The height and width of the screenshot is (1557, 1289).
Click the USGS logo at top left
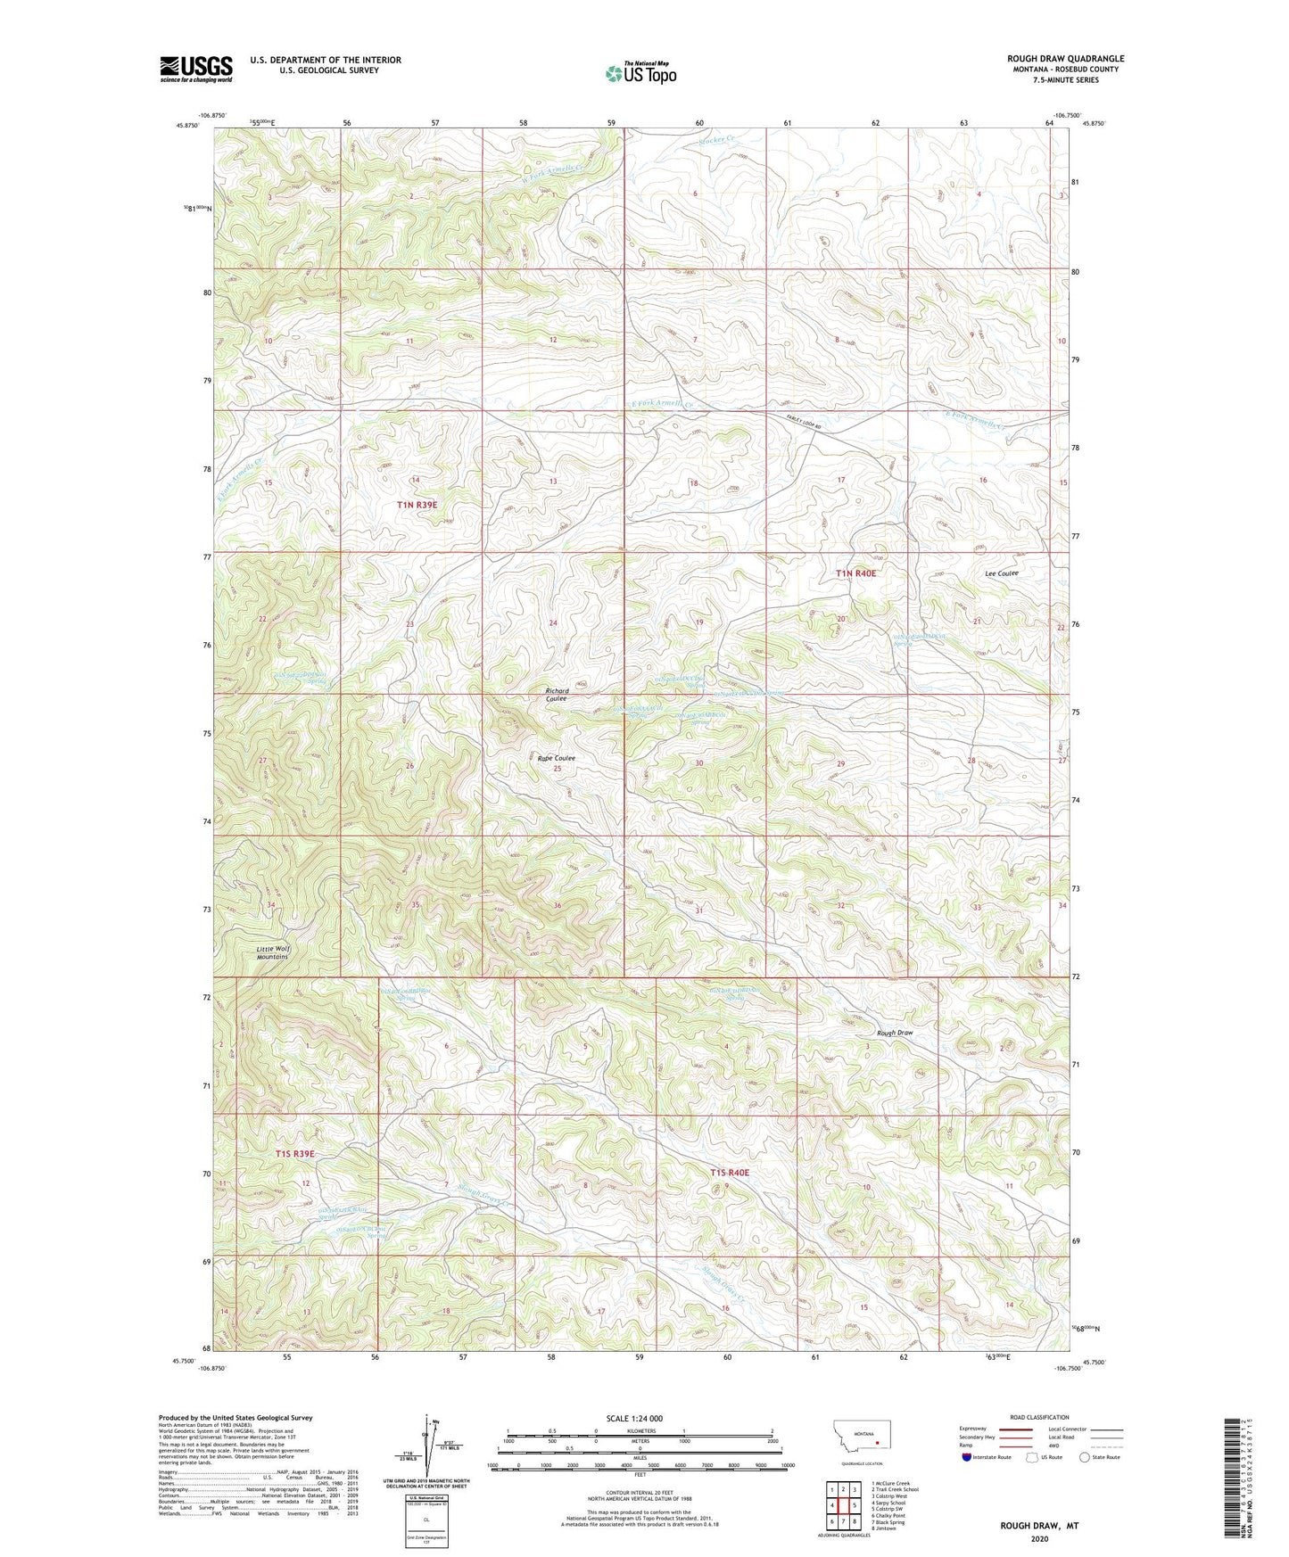click(196, 69)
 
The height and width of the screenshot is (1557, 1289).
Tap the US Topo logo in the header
click(640, 73)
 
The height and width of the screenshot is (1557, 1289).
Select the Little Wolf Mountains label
click(274, 952)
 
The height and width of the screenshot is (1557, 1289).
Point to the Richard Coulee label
click(557, 695)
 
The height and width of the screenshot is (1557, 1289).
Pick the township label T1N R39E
click(417, 505)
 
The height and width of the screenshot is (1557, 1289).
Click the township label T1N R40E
click(855, 573)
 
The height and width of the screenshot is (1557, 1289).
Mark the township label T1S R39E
click(293, 1154)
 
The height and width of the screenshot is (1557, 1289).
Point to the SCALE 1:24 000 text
click(634, 1418)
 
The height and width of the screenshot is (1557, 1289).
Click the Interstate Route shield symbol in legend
click(968, 1457)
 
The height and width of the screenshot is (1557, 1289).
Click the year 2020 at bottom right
click(1039, 1538)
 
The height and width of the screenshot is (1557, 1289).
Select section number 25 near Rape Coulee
click(558, 769)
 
